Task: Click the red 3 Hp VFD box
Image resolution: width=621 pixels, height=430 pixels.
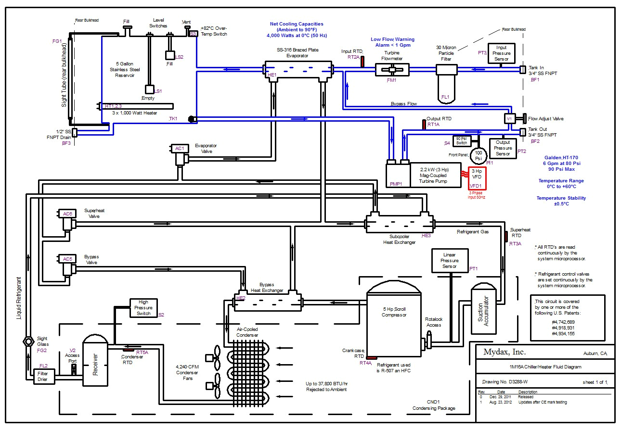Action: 476,178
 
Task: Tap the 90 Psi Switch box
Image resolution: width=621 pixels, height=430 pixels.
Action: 462,140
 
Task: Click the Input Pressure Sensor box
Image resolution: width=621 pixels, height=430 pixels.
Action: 501,53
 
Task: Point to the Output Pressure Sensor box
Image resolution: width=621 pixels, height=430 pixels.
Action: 503,148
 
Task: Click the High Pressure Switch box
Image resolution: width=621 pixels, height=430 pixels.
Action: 143,307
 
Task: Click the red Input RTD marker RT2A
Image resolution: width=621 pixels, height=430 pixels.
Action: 362,62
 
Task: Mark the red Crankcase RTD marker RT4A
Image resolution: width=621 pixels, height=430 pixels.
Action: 371,357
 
